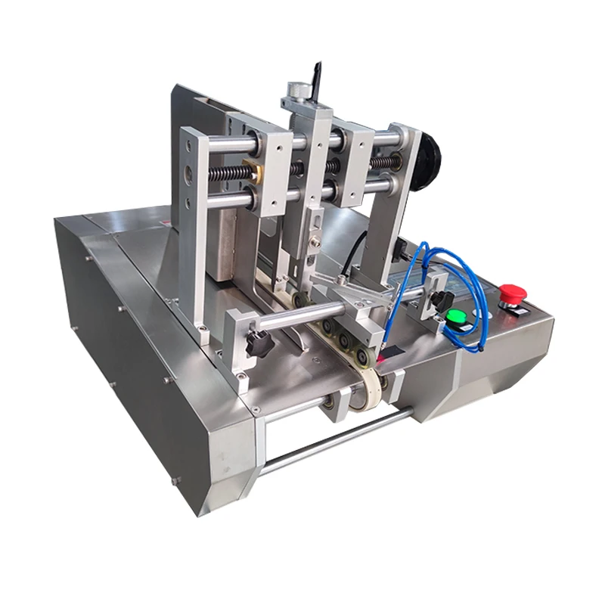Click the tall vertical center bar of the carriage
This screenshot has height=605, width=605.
click(x=312, y=181)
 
